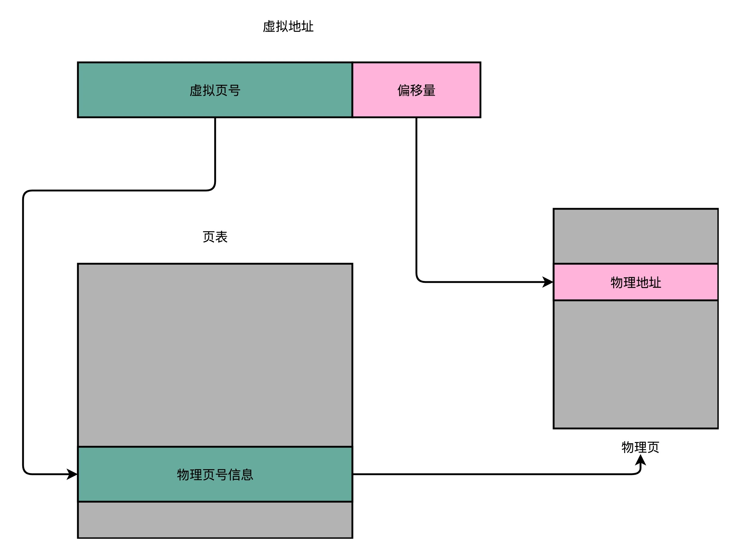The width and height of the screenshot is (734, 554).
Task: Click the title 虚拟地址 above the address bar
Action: click(288, 27)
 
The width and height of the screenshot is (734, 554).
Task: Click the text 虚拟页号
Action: click(215, 90)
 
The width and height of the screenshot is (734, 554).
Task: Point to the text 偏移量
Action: click(416, 90)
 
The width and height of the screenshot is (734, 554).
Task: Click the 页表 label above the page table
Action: click(215, 237)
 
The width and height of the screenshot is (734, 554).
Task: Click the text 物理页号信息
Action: click(215, 475)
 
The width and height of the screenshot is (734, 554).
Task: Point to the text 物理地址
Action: click(636, 282)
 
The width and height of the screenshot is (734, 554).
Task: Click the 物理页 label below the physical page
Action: click(640, 447)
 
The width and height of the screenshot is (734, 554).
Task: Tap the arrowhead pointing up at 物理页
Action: click(640, 461)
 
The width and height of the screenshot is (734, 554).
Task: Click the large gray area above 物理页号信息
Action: click(215, 355)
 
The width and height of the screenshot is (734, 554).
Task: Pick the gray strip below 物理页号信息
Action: click(215, 520)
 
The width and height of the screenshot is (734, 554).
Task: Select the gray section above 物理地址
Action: click(636, 236)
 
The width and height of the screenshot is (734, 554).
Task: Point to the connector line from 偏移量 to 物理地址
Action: click(416, 199)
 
